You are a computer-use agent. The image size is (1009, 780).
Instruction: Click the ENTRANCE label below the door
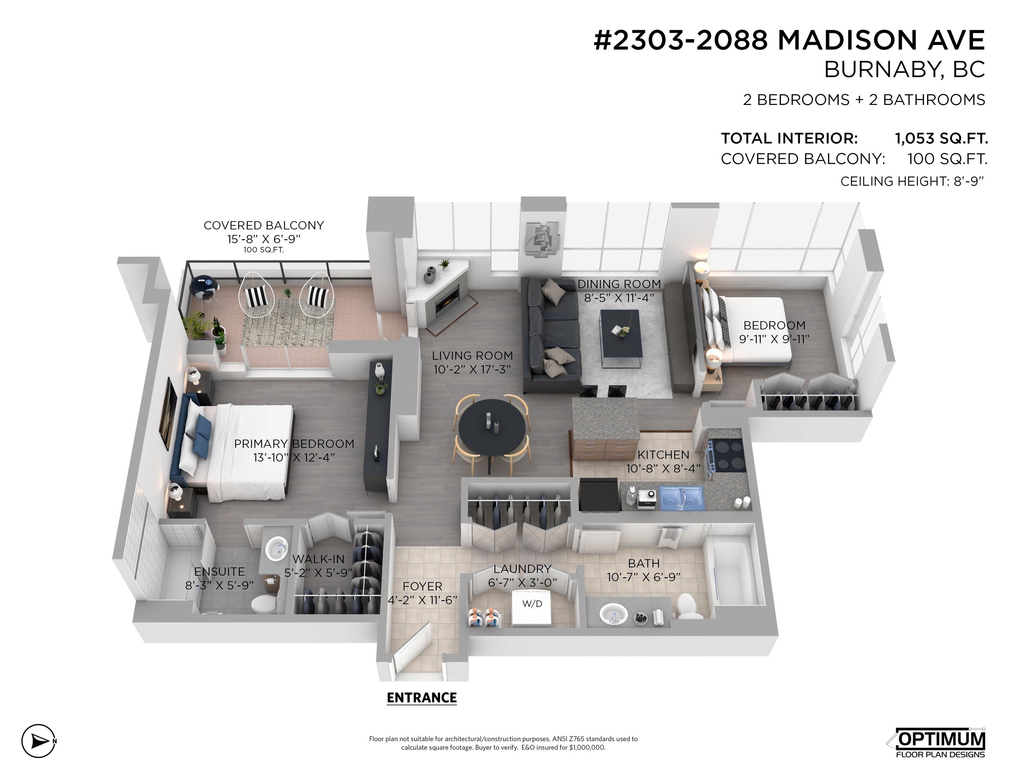[421, 698]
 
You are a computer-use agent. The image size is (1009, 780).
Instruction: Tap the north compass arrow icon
[39, 741]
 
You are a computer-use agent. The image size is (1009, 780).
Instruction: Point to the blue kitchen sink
[682, 498]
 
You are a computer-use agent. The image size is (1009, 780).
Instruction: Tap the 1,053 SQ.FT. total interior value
[941, 138]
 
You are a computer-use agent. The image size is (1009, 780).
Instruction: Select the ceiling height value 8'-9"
[969, 181]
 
